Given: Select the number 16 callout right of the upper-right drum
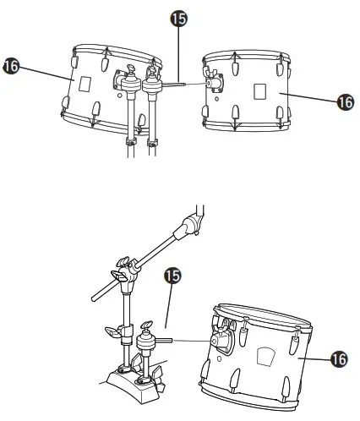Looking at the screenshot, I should click(x=346, y=101).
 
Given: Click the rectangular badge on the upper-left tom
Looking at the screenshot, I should click(x=84, y=84).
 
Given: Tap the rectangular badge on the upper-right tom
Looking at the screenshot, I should click(x=259, y=91).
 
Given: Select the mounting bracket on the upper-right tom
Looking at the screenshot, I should click(x=215, y=84).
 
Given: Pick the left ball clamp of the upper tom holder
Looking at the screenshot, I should click(x=131, y=83).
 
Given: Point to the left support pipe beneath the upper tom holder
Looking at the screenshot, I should click(x=130, y=127).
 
